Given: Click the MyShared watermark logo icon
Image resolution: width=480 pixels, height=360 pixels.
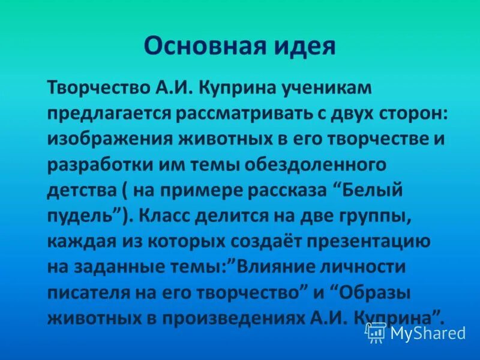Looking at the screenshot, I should click(x=376, y=331).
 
